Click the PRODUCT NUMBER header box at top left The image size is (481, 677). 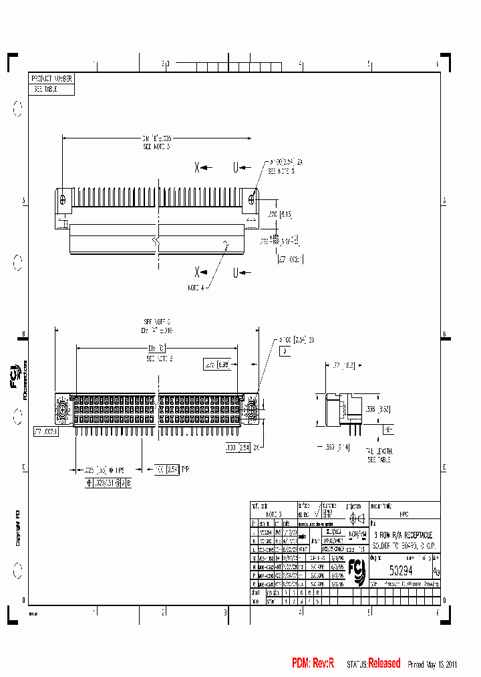tap(51, 78)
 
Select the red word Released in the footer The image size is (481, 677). tap(384, 664)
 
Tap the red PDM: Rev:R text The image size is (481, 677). tap(313, 664)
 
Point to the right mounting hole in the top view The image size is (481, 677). tap(251, 198)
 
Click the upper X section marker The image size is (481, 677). tap(198, 168)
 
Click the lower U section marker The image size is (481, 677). tap(236, 272)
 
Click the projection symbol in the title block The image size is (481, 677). tap(355, 518)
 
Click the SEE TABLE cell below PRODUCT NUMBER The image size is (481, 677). tap(45, 88)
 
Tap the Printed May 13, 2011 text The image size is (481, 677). tap(432, 664)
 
